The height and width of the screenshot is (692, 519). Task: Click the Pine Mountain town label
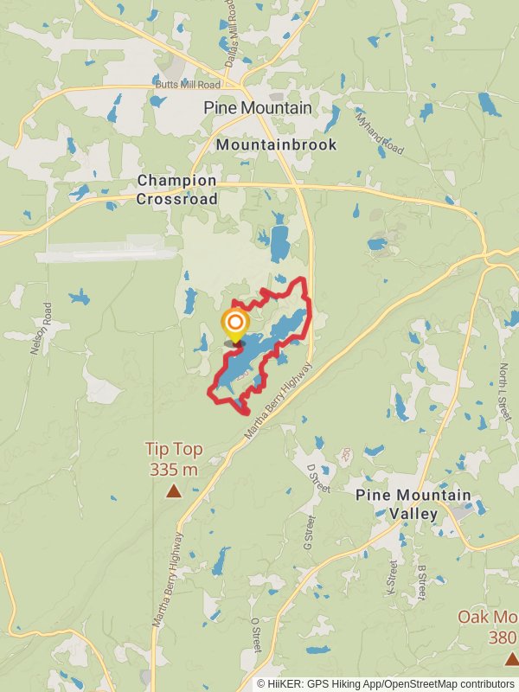tap(259, 107)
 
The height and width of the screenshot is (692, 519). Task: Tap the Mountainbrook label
tap(276, 144)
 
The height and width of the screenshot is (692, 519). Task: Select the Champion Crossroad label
tap(176, 189)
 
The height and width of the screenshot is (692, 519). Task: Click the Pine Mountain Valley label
tap(413, 504)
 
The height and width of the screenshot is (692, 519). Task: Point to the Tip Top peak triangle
tap(174, 491)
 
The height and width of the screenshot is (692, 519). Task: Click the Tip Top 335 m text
tap(173, 459)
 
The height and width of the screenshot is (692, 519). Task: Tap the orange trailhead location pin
tap(234, 326)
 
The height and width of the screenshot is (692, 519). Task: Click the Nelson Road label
tap(36, 329)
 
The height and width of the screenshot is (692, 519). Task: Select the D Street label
tap(319, 477)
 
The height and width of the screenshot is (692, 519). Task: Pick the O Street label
tap(255, 636)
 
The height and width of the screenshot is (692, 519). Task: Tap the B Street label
tap(421, 582)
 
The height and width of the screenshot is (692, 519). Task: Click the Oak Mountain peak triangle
tap(509, 658)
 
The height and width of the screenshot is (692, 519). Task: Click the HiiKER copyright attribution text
tap(387, 683)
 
